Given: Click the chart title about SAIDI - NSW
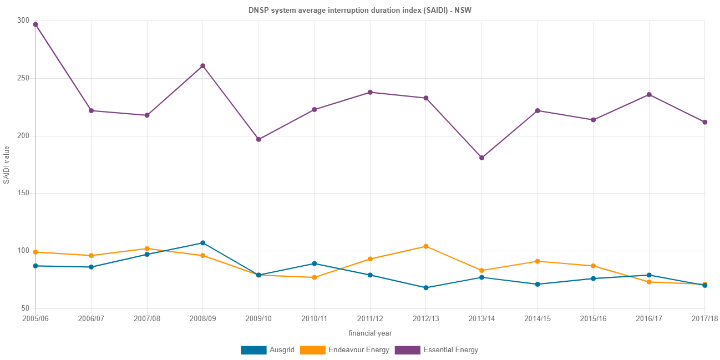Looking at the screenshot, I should [359, 11].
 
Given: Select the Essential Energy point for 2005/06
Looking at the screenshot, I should [36, 24].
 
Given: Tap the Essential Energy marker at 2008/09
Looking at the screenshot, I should [202, 66].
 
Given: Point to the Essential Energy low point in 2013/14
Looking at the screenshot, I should [481, 158].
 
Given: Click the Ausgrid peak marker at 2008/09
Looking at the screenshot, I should [202, 243].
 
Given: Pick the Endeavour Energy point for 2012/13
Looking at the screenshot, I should [425, 246].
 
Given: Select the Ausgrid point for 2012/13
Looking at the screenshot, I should [425, 288].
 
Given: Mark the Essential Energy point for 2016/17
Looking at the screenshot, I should [648, 95].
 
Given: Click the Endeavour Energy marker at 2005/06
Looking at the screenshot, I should [36, 252].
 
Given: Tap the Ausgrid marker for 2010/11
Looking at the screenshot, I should [314, 263].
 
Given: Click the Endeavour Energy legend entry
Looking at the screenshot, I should [344, 350].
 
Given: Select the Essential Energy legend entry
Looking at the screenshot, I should [436, 350].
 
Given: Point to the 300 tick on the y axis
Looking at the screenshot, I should [23, 20].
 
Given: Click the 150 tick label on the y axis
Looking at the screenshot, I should [23, 192].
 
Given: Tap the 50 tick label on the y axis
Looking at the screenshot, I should [24, 308].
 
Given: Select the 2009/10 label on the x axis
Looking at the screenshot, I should [258, 319].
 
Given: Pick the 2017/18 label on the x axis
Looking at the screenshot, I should [704, 319].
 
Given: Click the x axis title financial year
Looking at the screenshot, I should [370, 333].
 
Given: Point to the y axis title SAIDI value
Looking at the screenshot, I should [7, 165].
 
